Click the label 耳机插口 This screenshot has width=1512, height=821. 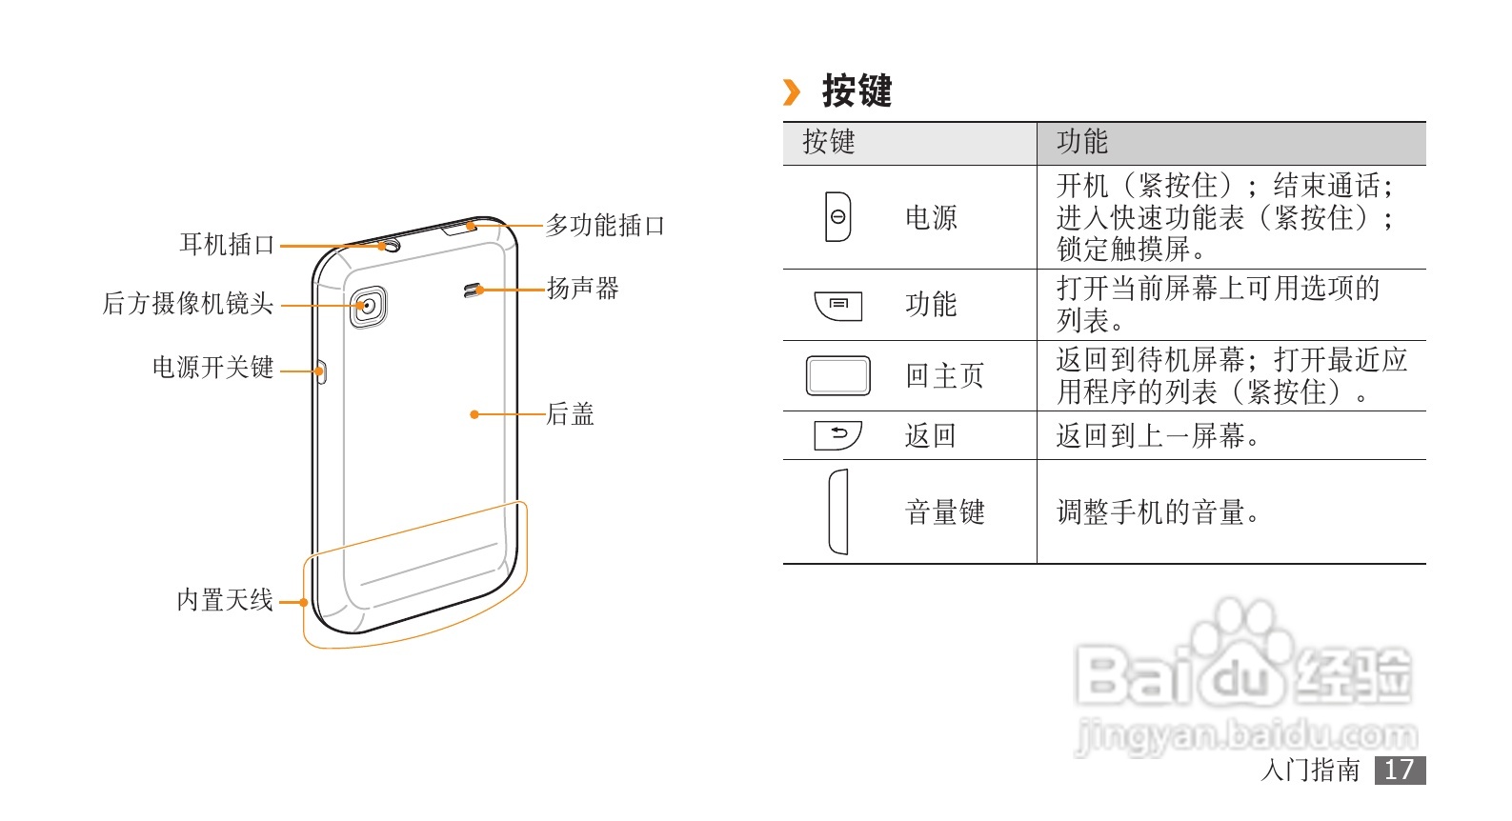point(227,245)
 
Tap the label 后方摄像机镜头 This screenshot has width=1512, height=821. point(188,304)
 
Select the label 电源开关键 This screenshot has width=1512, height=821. point(212,368)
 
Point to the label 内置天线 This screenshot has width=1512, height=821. point(225,600)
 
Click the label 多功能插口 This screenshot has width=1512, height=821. point(605,226)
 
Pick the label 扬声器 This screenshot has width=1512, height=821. point(583,288)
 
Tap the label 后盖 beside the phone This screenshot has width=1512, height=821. point(570,414)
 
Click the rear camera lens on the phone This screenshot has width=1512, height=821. point(368,306)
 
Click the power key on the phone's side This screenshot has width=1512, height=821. point(321,371)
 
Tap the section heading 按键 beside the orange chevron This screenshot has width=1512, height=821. point(857,91)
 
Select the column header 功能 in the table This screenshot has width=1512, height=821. point(1082,142)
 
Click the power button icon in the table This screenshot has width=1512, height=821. point(837,217)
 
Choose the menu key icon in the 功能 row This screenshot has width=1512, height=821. point(838,305)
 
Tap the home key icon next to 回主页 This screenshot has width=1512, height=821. point(837,375)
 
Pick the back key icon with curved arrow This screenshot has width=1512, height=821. point(837,435)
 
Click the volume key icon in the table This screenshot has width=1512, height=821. point(838,511)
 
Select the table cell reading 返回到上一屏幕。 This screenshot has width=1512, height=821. point(1159,436)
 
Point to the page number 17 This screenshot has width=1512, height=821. point(1399,770)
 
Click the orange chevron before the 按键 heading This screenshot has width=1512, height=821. point(791,92)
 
